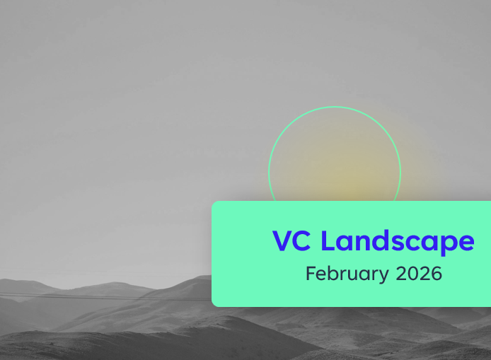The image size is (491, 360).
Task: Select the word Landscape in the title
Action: (x=397, y=242)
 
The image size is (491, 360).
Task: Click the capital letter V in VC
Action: (x=283, y=241)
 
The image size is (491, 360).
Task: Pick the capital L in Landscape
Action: (x=328, y=241)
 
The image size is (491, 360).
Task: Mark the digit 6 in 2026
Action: (x=436, y=273)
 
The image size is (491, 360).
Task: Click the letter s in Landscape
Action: (x=398, y=243)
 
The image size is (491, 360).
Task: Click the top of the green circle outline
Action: (x=335, y=107)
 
